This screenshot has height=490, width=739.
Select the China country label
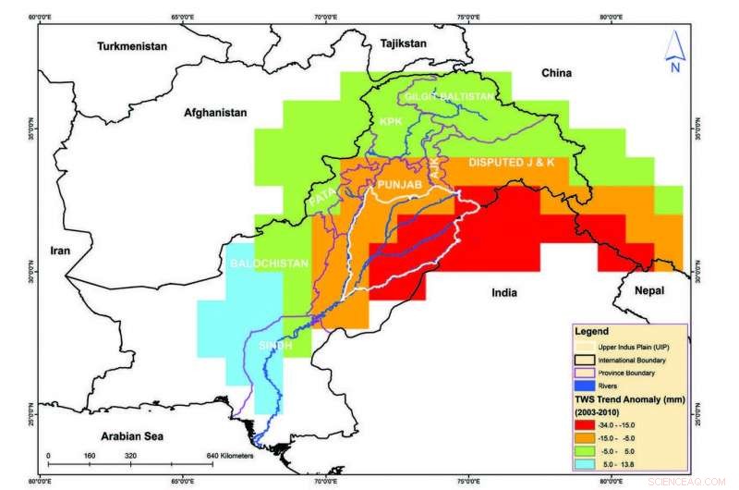pos(557,72)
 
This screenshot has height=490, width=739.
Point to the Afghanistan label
pos(216,112)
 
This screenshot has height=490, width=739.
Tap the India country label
pos(504,293)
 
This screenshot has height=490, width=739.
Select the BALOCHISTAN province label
pos(267,263)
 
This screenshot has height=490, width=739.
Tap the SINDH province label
pos(275,345)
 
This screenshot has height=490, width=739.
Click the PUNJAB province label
pos(399,186)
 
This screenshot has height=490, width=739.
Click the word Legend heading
pos(592,330)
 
